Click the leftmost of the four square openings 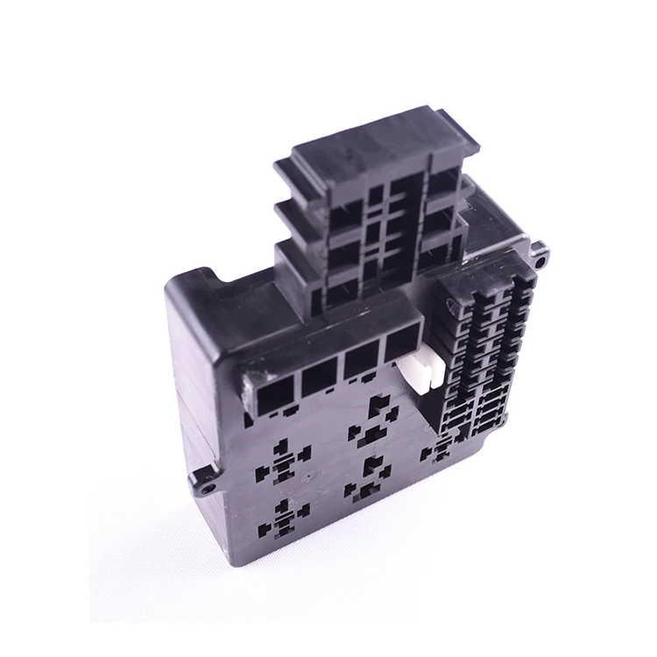[x=266, y=391]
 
